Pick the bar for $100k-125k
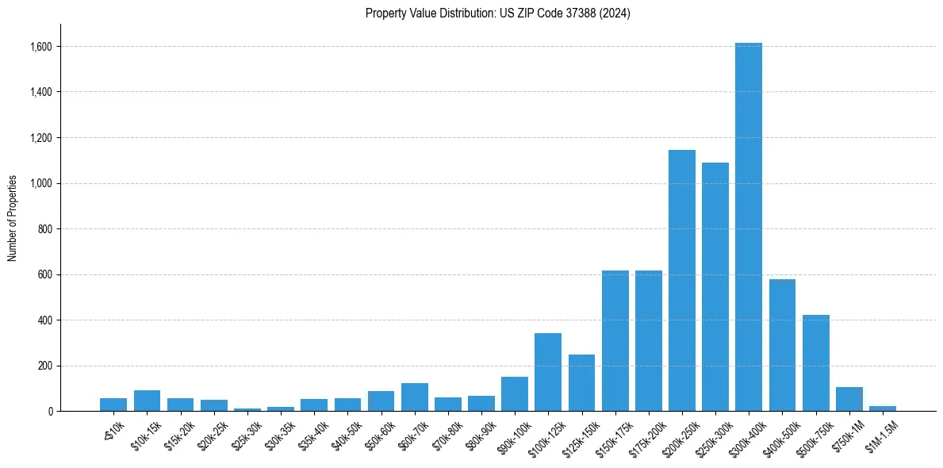pyautogui.click(x=548, y=372)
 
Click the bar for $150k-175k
pyautogui.click(x=615, y=341)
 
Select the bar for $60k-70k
pyautogui.click(x=414, y=397)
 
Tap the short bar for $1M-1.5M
pyautogui.click(x=882, y=409)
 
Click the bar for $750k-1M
pyautogui.click(x=849, y=399)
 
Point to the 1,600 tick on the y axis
pyautogui.click(x=41, y=47)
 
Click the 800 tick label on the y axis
pyautogui.click(x=45, y=229)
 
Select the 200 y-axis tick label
pyautogui.click(x=45, y=366)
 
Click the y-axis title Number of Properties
pyautogui.click(x=13, y=218)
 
